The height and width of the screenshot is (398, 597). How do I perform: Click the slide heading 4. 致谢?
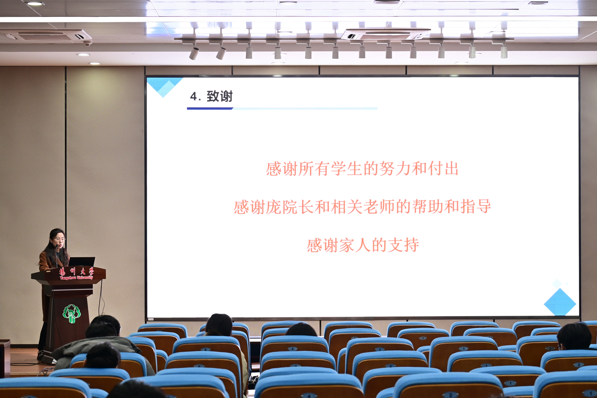click(211, 96)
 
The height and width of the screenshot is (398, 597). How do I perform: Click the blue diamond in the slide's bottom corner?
click(560, 302)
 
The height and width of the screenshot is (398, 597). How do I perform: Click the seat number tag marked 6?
click(205, 350)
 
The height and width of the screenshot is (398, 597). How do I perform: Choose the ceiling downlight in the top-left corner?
click(35, 4)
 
